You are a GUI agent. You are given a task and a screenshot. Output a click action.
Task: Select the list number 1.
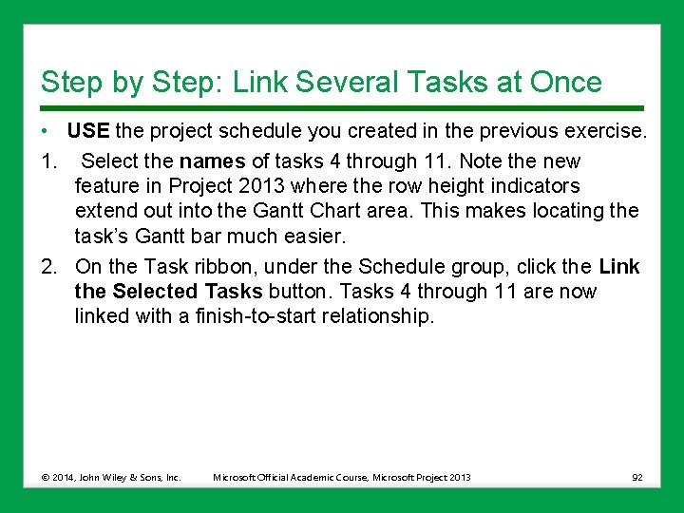(48, 161)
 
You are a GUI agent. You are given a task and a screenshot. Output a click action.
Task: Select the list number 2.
(48, 267)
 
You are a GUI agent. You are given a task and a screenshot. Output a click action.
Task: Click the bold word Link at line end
(619, 267)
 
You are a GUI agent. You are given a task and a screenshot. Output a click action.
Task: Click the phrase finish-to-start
(250, 316)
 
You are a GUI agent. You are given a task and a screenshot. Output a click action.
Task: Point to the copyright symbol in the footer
(46, 477)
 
